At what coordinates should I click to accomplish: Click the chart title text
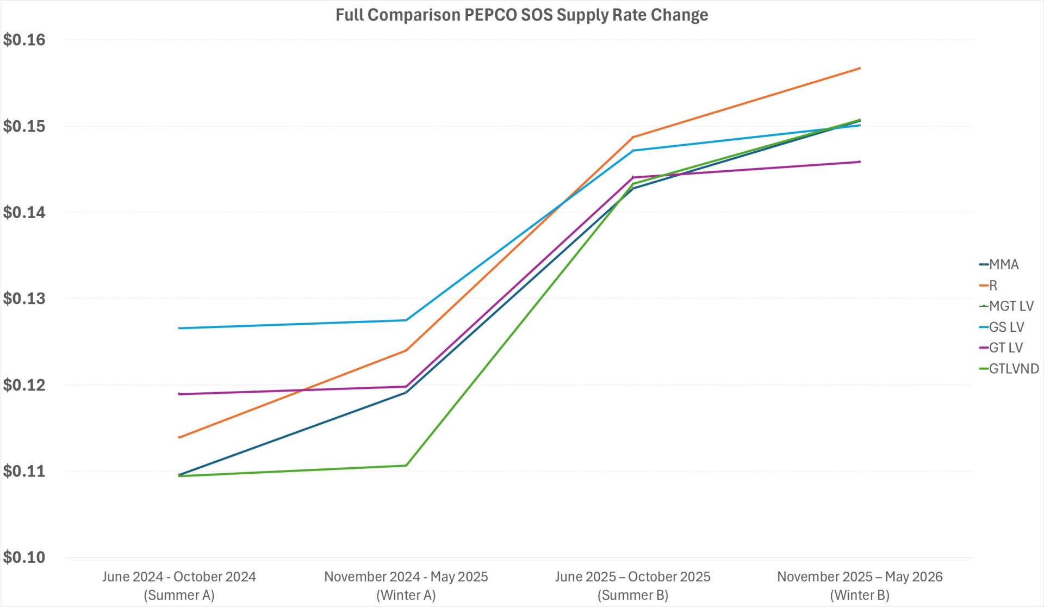pyautogui.click(x=521, y=15)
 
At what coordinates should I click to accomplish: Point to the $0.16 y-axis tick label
pyautogui.click(x=24, y=40)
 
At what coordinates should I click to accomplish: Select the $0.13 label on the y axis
pyautogui.click(x=24, y=299)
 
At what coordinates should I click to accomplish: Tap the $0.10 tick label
pyautogui.click(x=24, y=558)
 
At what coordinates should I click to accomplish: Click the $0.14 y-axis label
pyautogui.click(x=24, y=213)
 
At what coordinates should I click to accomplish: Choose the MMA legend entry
pyautogui.click(x=1003, y=265)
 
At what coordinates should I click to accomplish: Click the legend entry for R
pyautogui.click(x=993, y=286)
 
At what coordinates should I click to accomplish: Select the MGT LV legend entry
pyautogui.click(x=1011, y=306)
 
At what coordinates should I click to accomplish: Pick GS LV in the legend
pyautogui.click(x=1006, y=327)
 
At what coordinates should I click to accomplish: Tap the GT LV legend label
pyautogui.click(x=1005, y=348)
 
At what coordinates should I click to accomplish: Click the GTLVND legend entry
pyautogui.click(x=1014, y=369)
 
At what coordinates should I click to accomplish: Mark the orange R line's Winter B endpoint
pyautogui.click(x=860, y=68)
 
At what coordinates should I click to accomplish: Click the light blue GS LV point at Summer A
pyautogui.click(x=179, y=328)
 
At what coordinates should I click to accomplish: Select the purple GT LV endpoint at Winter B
pyautogui.click(x=860, y=162)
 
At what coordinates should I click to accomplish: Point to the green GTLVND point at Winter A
pyautogui.click(x=406, y=465)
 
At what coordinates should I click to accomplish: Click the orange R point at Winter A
pyautogui.click(x=406, y=350)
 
